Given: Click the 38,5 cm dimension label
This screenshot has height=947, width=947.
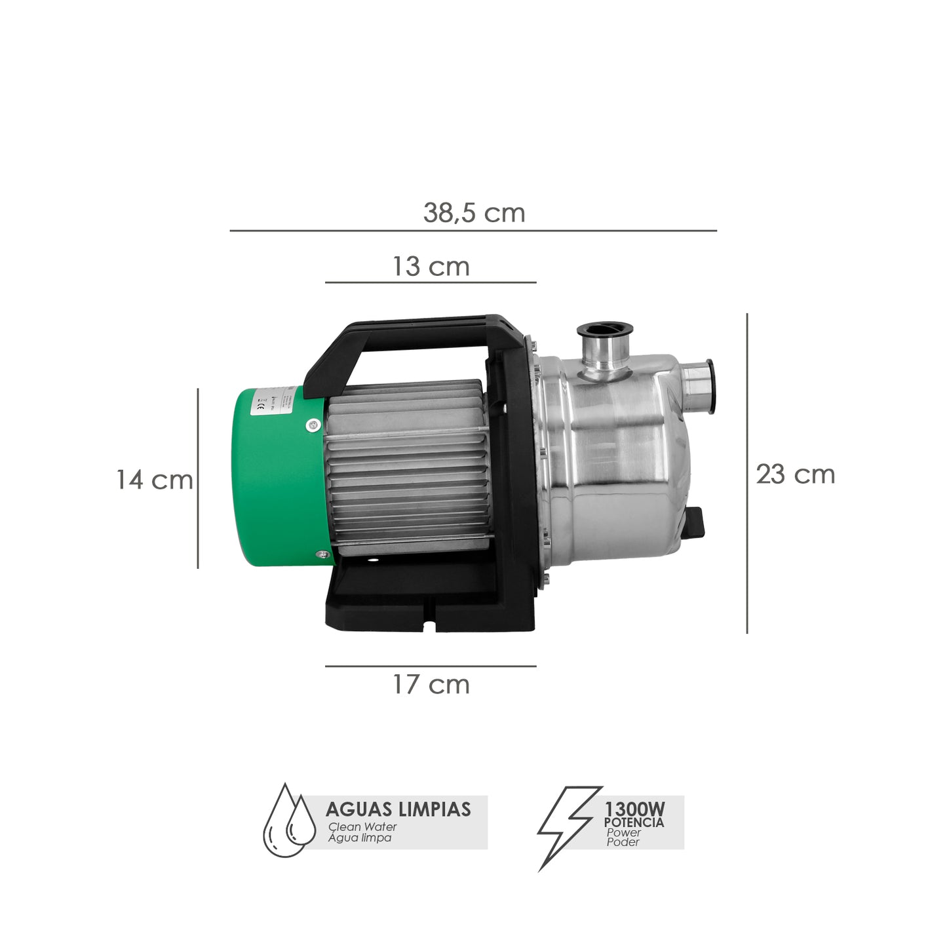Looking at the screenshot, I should (x=474, y=213).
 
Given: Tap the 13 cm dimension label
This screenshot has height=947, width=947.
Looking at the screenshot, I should (x=431, y=267).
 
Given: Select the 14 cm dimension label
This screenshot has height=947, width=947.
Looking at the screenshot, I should (x=155, y=480).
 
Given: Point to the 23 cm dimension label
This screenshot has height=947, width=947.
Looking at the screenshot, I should (x=795, y=474).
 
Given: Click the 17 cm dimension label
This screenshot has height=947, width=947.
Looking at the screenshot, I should (x=431, y=685).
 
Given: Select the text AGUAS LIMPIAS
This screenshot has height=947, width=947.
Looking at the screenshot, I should (x=398, y=809).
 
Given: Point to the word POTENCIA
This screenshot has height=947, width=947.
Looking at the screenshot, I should (x=634, y=822).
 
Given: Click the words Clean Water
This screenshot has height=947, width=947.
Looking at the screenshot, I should (x=362, y=827).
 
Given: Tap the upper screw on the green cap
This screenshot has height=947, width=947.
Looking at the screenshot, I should (x=312, y=425).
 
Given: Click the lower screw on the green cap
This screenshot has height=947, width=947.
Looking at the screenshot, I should (x=322, y=554).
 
